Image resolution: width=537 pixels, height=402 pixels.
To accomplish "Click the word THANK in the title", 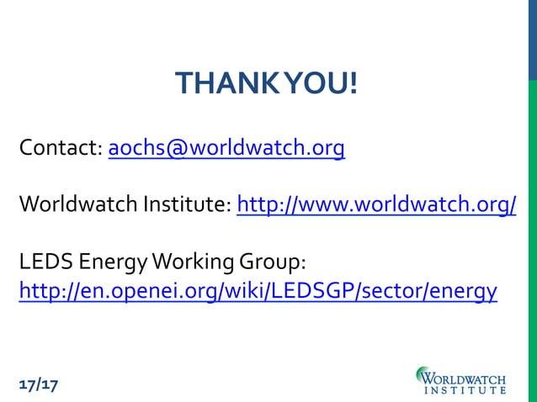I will tap(217, 84).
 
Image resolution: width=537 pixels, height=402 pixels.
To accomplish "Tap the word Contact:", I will tap(61, 150).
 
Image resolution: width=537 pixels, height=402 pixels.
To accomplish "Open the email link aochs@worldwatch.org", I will tap(226, 150).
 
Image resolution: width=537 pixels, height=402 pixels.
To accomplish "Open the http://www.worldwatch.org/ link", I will tap(376, 205).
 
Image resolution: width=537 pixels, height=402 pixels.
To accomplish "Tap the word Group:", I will tap(268, 262).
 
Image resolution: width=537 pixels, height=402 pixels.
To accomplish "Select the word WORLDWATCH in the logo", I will tap(470, 373).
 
